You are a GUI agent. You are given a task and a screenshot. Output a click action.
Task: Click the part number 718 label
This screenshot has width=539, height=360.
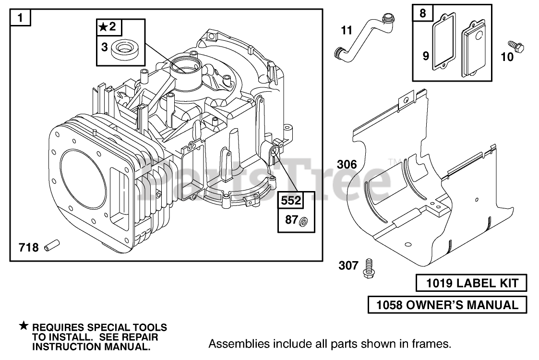[28, 247]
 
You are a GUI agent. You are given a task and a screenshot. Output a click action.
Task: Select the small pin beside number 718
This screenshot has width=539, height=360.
[52, 245]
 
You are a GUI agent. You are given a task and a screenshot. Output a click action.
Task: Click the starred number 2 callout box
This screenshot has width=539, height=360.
[109, 27]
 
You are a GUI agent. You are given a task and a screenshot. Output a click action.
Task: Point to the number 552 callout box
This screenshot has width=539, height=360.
[291, 200]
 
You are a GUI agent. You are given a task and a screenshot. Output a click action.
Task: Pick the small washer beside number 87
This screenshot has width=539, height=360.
[303, 222]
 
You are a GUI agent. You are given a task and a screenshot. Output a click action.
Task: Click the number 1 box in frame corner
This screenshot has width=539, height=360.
[20, 18]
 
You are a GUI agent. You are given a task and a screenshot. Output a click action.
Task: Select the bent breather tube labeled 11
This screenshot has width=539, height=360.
[364, 38]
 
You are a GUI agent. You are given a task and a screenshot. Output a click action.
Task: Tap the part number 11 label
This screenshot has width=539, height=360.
[347, 30]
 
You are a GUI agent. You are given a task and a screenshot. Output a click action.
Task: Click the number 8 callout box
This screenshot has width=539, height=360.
[423, 13]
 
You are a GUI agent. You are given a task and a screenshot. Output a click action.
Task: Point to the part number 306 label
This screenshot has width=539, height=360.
[347, 164]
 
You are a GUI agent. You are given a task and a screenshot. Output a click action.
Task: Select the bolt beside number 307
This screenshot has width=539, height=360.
[369, 268]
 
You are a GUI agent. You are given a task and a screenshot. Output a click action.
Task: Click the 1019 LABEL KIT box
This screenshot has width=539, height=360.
[471, 283]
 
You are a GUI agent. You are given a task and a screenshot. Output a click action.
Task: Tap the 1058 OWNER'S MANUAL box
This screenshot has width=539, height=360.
[447, 305]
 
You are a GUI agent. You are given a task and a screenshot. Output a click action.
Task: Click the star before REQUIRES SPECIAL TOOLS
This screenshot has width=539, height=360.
[24, 325]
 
